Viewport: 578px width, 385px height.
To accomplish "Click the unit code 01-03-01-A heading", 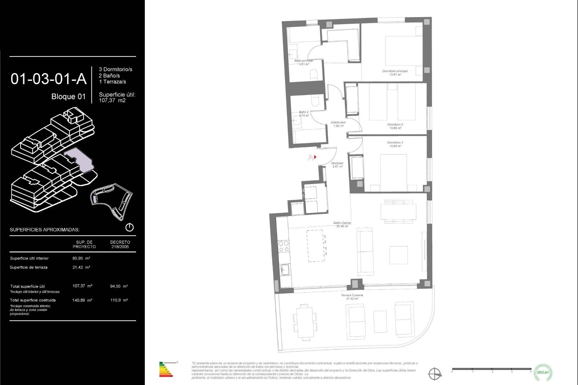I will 48,79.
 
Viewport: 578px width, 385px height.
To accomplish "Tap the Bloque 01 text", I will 68,97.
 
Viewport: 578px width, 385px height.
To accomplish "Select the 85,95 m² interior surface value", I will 81,258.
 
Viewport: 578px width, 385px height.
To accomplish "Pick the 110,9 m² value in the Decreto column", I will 119,300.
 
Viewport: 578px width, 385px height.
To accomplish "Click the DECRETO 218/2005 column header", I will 120,244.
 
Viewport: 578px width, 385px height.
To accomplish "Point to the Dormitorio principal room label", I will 395,73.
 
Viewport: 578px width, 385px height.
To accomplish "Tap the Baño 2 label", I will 304,113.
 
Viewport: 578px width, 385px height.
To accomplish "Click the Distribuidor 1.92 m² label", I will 338,124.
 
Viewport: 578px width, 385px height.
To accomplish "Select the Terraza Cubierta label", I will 352,297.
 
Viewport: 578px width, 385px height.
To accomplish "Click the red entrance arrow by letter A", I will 315,157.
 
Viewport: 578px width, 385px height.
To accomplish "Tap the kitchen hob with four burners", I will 284,246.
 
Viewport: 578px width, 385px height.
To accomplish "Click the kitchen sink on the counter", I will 285,269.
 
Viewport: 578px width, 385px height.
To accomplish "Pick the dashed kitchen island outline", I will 316,245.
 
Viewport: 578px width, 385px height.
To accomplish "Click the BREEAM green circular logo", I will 543,372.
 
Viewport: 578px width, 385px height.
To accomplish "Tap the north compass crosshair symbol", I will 435,374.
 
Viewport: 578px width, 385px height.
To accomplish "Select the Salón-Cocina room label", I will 342,224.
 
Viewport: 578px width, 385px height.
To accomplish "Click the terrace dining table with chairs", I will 305,322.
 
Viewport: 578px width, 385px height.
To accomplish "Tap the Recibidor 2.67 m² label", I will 337,165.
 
